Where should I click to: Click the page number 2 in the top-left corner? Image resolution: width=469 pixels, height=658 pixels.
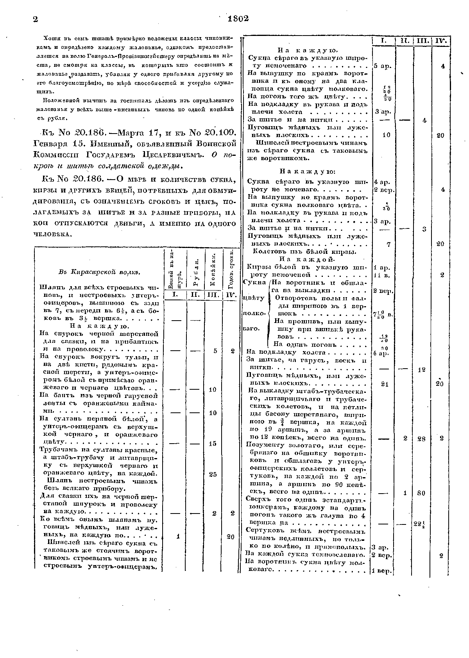pyautogui.click(x=35, y=20)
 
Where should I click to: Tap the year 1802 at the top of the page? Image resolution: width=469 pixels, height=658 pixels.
pyautogui.click(x=238, y=19)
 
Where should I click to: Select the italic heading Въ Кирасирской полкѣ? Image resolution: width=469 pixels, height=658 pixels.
pyautogui.click(x=99, y=271)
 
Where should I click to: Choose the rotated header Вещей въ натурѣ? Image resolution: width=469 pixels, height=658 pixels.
pyautogui.click(x=174, y=269)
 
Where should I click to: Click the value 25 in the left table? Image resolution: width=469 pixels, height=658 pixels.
pyautogui.click(x=213, y=474)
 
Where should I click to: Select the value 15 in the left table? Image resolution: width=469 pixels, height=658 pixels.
pyautogui.click(x=213, y=444)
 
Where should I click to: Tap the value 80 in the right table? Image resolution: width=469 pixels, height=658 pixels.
pyautogui.click(x=421, y=493)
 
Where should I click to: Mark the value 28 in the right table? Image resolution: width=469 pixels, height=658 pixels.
pyautogui.click(x=421, y=439)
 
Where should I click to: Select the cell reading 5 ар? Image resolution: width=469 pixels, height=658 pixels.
pyautogui.click(x=381, y=66)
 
